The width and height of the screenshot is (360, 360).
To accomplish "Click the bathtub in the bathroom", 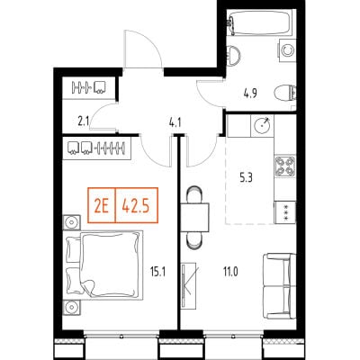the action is [x=258, y=22].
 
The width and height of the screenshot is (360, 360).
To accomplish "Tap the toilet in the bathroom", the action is [x=285, y=93].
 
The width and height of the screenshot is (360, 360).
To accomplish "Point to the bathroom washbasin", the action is [x=233, y=56].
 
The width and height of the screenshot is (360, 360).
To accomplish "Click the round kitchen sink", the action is [x=262, y=125].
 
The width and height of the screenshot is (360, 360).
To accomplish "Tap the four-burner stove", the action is [x=285, y=166].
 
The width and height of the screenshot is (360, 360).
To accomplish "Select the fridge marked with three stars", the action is [x=285, y=212].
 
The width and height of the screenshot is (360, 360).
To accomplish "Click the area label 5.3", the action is [x=246, y=179].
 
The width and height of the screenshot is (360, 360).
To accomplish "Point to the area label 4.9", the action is [x=250, y=94].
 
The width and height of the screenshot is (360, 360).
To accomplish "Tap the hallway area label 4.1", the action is [x=175, y=123].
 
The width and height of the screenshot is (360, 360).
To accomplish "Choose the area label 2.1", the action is [x=84, y=122].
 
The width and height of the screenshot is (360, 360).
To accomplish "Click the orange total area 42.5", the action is [x=137, y=205].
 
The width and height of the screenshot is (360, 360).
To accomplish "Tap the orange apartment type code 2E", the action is [x=102, y=205].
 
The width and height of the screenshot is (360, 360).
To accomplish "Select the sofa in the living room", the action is [x=280, y=286].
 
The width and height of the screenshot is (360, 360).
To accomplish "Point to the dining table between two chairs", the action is [x=194, y=217].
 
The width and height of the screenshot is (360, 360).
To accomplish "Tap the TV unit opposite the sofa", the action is [x=189, y=285].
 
